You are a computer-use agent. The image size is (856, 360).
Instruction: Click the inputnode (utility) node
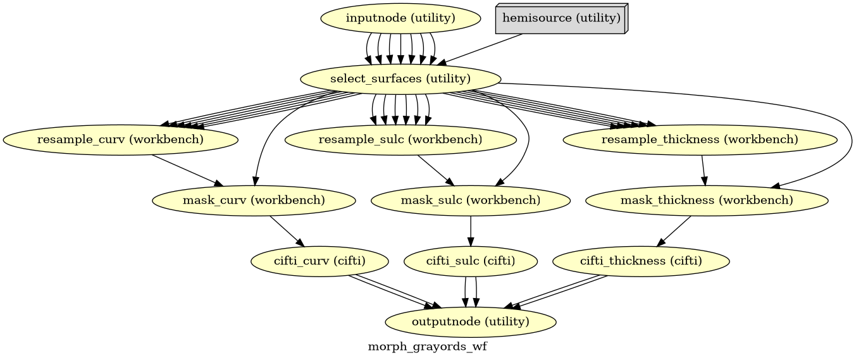pyautogui.click(x=400, y=18)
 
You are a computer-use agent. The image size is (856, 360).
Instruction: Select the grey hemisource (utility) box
pyautogui.click(x=561, y=18)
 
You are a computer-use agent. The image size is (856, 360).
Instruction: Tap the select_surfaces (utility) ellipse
pyautogui.click(x=400, y=79)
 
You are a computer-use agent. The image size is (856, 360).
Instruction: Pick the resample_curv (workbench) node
pyautogui.click(x=120, y=140)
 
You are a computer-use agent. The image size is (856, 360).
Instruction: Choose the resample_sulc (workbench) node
pyautogui.click(x=400, y=140)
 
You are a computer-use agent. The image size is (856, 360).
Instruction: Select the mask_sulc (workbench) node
pyautogui.click(x=471, y=201)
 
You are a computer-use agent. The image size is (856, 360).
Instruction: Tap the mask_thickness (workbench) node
pyautogui.click(x=706, y=201)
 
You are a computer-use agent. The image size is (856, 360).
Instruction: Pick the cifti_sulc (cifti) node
pyautogui.click(x=471, y=261)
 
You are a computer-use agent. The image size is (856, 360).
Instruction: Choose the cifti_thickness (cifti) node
pyautogui.click(x=641, y=261)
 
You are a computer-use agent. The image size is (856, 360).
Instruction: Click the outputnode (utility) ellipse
pyautogui.click(x=471, y=322)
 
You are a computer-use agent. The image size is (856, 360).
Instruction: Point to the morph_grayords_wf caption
pyautogui.click(x=427, y=347)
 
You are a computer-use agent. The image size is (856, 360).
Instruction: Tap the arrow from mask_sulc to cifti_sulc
pyautogui.click(x=471, y=231)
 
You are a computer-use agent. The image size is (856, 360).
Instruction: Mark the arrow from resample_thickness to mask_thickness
pyautogui.click(x=703, y=170)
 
